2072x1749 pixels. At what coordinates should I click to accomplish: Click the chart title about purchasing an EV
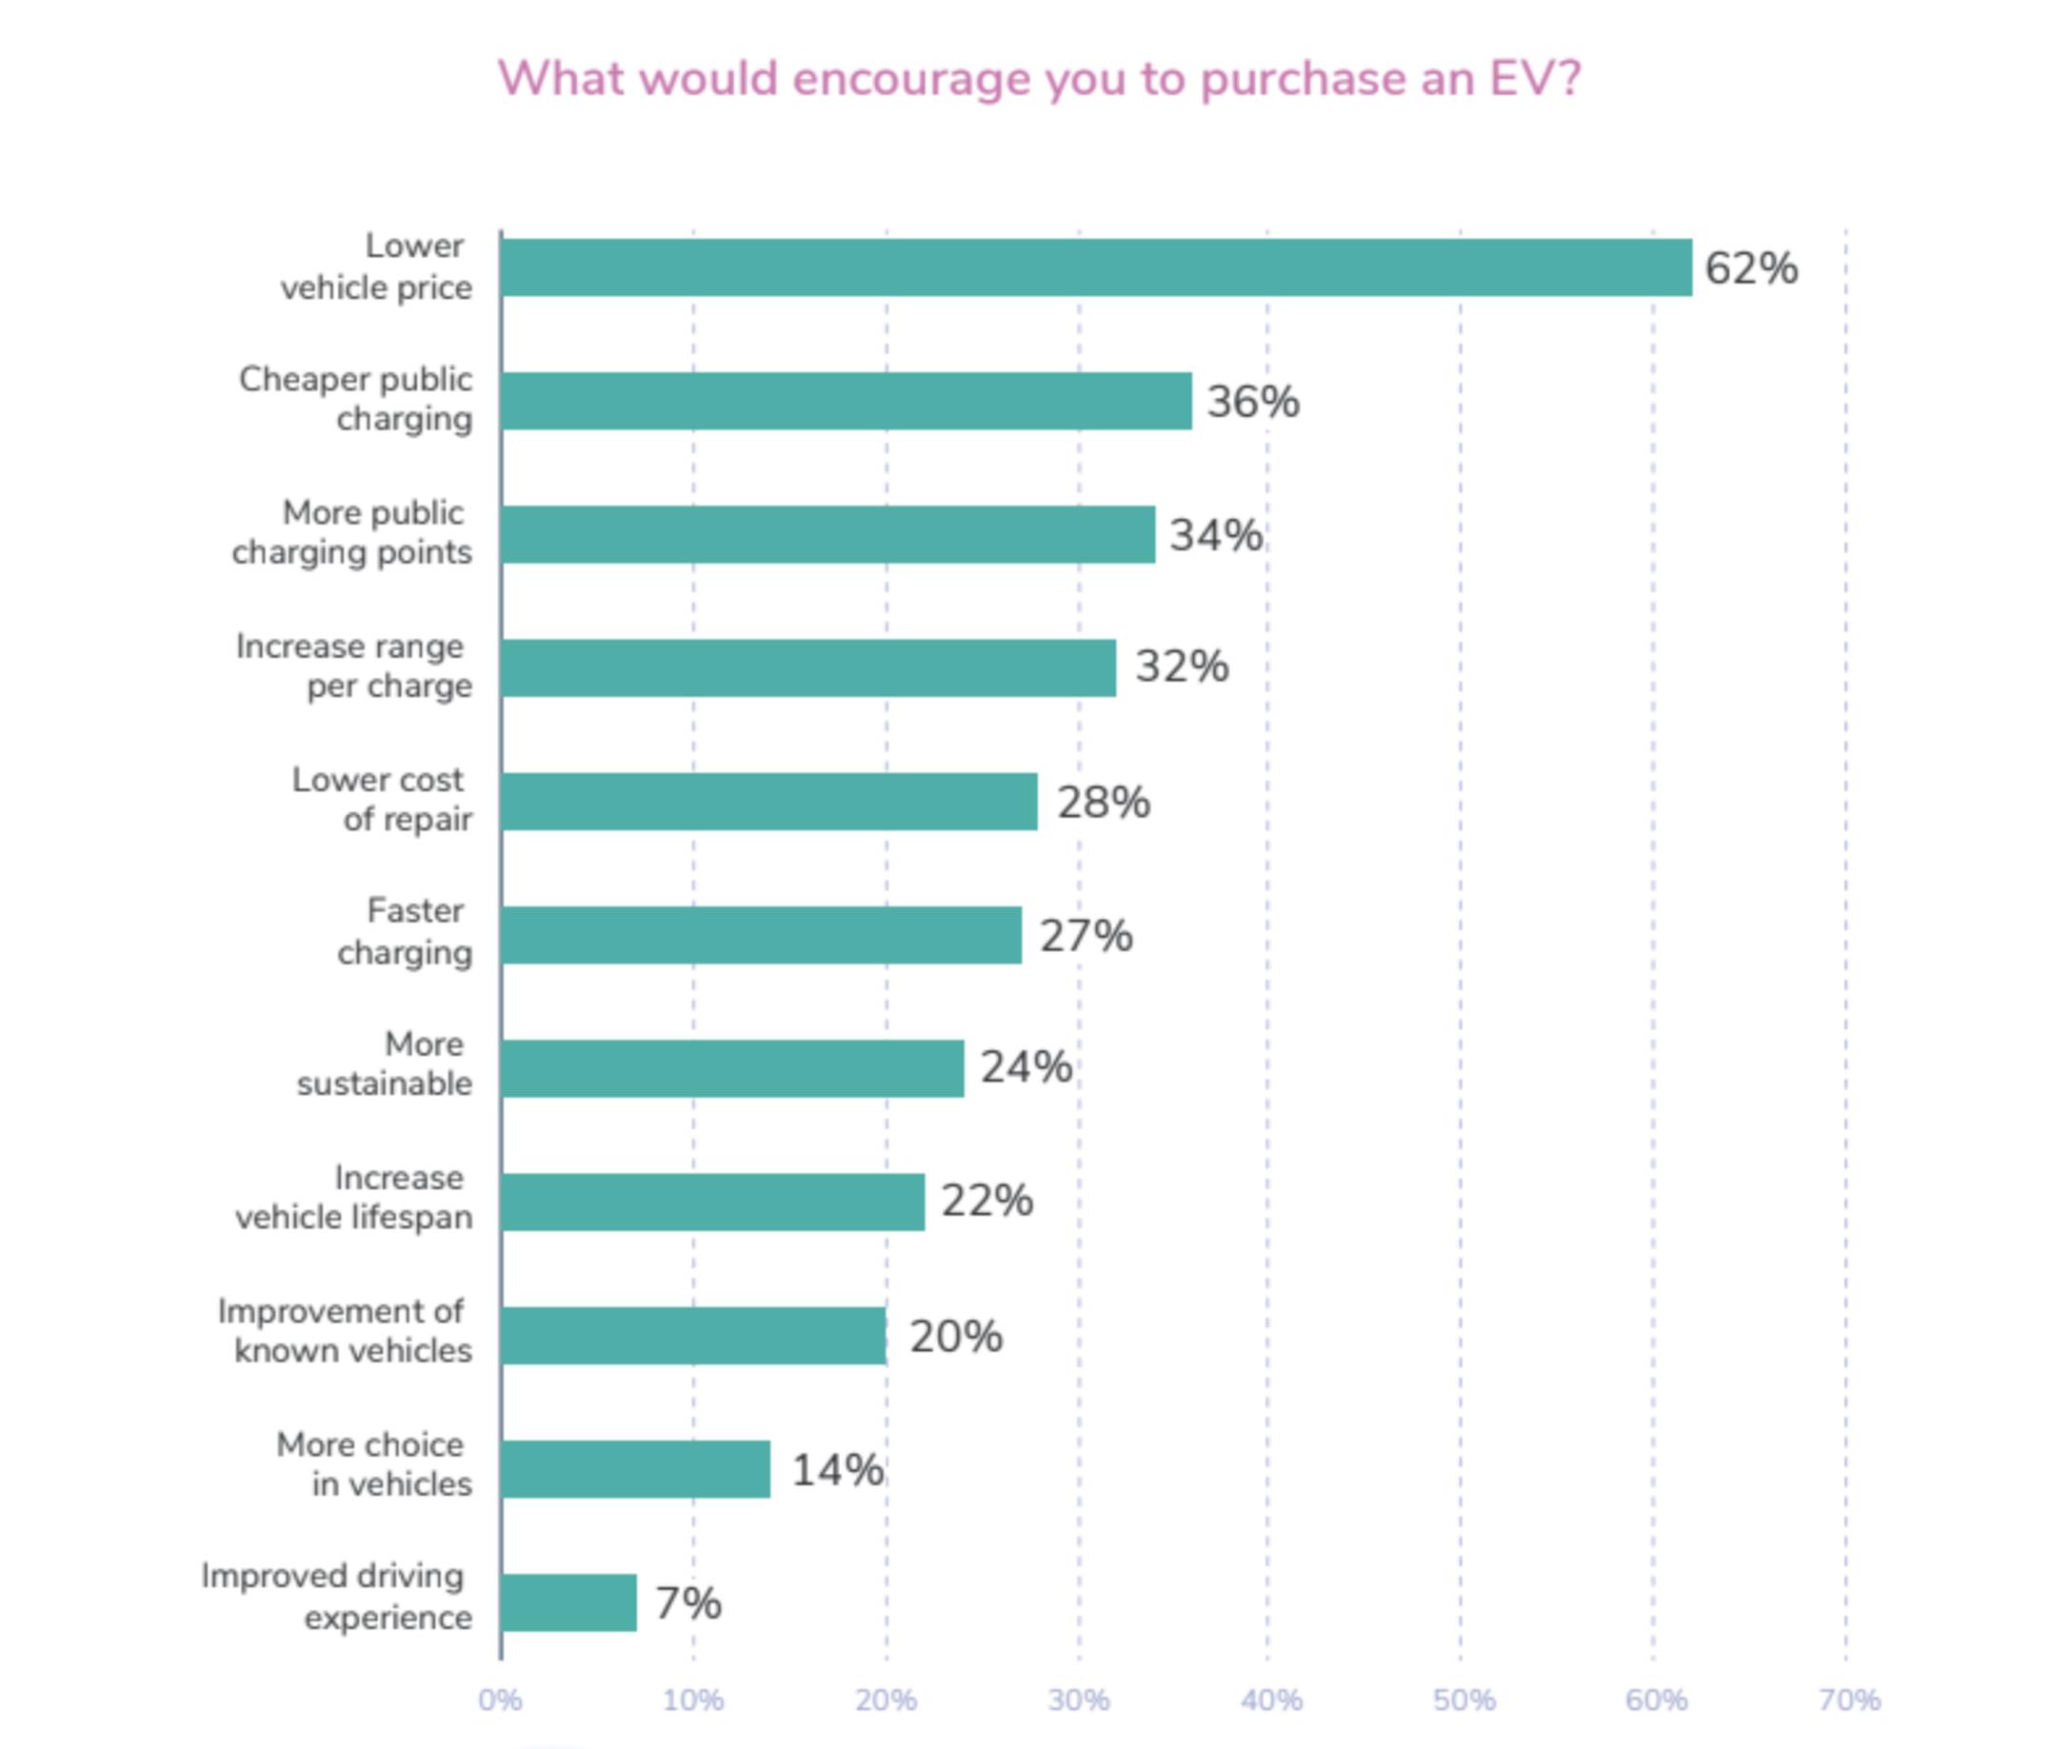[x=1038, y=79]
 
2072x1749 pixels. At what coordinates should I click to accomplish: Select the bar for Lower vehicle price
[x=1095, y=268]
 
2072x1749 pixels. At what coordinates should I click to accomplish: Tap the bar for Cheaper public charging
[x=846, y=402]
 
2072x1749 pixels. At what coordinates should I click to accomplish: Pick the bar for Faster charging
[x=761, y=935]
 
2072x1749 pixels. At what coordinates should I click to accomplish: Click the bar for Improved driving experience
[x=568, y=1602]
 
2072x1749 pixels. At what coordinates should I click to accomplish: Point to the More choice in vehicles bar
[x=634, y=1469]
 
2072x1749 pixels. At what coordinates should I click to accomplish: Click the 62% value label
[x=1750, y=268]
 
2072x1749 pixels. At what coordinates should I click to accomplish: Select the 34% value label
[x=1215, y=535]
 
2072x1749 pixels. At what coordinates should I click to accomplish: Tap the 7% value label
[x=688, y=1603]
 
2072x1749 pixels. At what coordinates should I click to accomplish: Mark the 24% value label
[x=1026, y=1068]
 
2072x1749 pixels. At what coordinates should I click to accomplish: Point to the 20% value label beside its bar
[x=956, y=1337]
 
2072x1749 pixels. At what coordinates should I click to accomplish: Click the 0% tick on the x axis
[x=500, y=1700]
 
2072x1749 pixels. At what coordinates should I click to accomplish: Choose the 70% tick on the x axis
[x=1849, y=1700]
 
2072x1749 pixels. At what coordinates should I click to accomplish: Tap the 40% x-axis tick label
[x=1271, y=1700]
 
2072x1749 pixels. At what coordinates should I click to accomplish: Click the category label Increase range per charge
[x=354, y=666]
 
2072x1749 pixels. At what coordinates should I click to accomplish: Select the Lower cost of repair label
[x=382, y=800]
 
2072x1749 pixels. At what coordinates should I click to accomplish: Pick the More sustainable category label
[x=385, y=1063]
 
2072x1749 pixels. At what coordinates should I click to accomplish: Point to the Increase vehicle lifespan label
[x=354, y=1198]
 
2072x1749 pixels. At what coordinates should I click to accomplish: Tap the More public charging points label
[x=352, y=532]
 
